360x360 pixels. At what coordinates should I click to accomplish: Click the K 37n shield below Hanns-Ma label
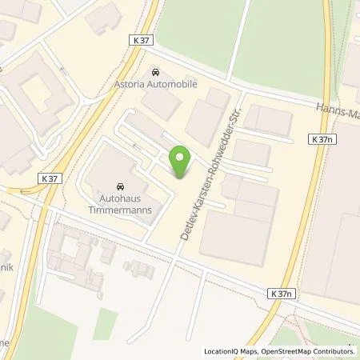coord(322,139)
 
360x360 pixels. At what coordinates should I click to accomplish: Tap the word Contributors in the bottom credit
coord(334,350)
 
